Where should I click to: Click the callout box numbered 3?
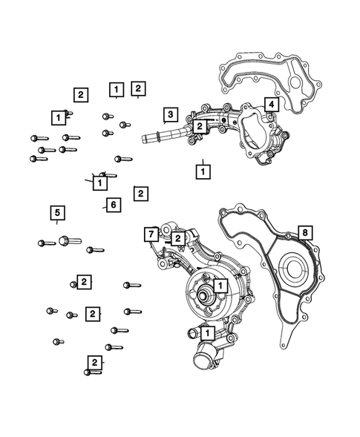tap(170, 114)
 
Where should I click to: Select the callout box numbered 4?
tap(271, 105)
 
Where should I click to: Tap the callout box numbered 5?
tap(56, 214)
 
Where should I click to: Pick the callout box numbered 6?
tap(112, 204)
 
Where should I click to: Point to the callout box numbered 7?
tap(151, 234)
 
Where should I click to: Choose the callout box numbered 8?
tap(303, 233)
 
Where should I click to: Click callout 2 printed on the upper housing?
tap(199, 127)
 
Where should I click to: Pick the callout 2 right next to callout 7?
tap(178, 238)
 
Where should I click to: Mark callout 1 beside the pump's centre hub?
tap(220, 284)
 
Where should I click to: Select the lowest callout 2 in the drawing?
tap(94, 362)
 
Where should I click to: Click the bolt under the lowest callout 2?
tap(92, 372)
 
